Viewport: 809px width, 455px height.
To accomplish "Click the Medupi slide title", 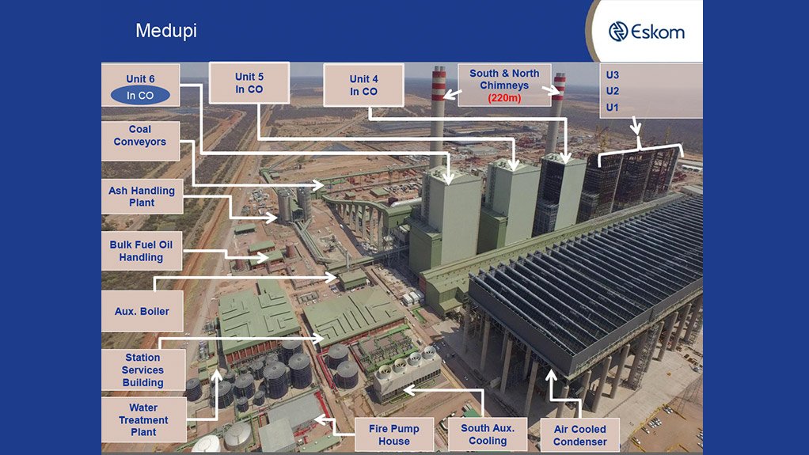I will coord(165,31).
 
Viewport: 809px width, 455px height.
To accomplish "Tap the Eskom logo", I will coord(646,32).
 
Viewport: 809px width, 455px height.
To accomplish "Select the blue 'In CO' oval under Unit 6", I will coord(140,95).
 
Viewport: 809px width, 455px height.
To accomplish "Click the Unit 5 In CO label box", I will coord(249,83).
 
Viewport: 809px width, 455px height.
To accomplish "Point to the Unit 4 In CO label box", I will coord(363,85).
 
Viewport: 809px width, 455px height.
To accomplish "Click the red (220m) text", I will coord(503,98).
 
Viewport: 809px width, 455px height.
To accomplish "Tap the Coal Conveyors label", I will coord(140,136).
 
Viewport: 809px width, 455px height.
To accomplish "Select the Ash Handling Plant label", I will coord(142,197).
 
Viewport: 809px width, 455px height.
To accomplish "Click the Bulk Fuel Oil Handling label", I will coord(141,251).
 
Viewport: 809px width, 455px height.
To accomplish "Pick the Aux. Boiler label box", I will coord(142,311).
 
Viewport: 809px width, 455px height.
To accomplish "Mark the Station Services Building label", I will coord(143,370).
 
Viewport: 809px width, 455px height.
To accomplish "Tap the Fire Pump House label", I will coord(393,434).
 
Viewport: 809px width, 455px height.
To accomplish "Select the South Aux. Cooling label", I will coord(488,434).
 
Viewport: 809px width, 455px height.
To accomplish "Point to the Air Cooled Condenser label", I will coord(580,435).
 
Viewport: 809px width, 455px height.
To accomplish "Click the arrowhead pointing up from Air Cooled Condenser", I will coord(551,373).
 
